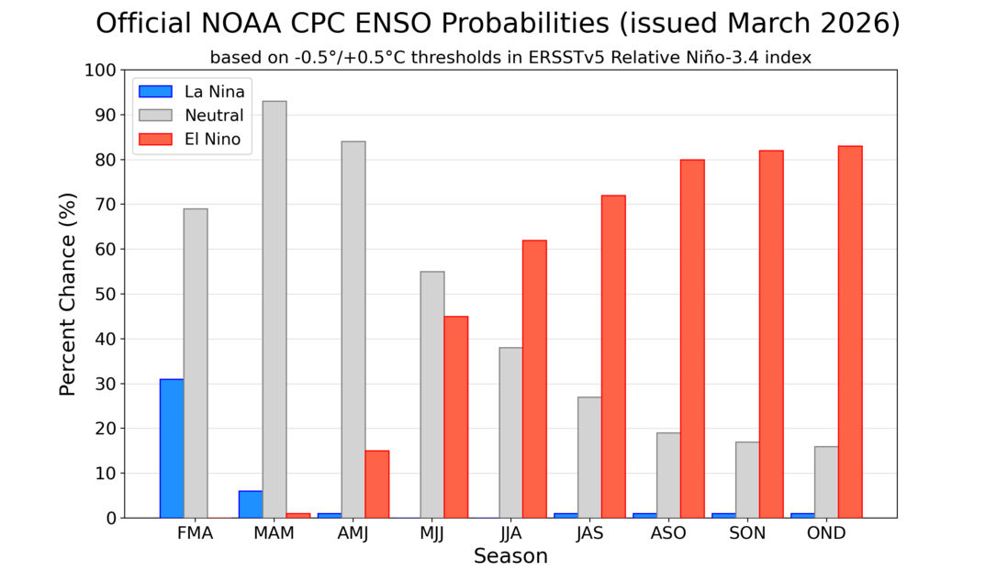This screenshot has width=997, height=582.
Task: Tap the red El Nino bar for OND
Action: (x=850, y=331)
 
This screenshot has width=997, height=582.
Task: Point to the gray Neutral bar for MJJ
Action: (x=432, y=395)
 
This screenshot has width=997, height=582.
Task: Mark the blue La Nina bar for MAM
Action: (x=251, y=504)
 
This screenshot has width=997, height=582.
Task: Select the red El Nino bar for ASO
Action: (x=692, y=339)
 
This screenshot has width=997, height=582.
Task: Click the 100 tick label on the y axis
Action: (x=100, y=71)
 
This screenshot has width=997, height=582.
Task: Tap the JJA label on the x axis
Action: (x=510, y=534)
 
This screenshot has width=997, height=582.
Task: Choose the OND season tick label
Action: (x=826, y=534)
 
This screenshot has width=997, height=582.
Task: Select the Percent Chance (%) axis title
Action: (x=67, y=294)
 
